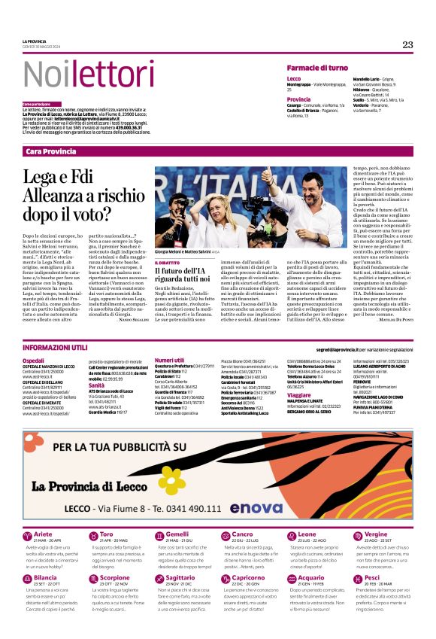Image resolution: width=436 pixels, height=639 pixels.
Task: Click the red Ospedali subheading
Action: (x=33, y=361)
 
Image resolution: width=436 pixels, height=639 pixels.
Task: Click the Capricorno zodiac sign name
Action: (x=249, y=577)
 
